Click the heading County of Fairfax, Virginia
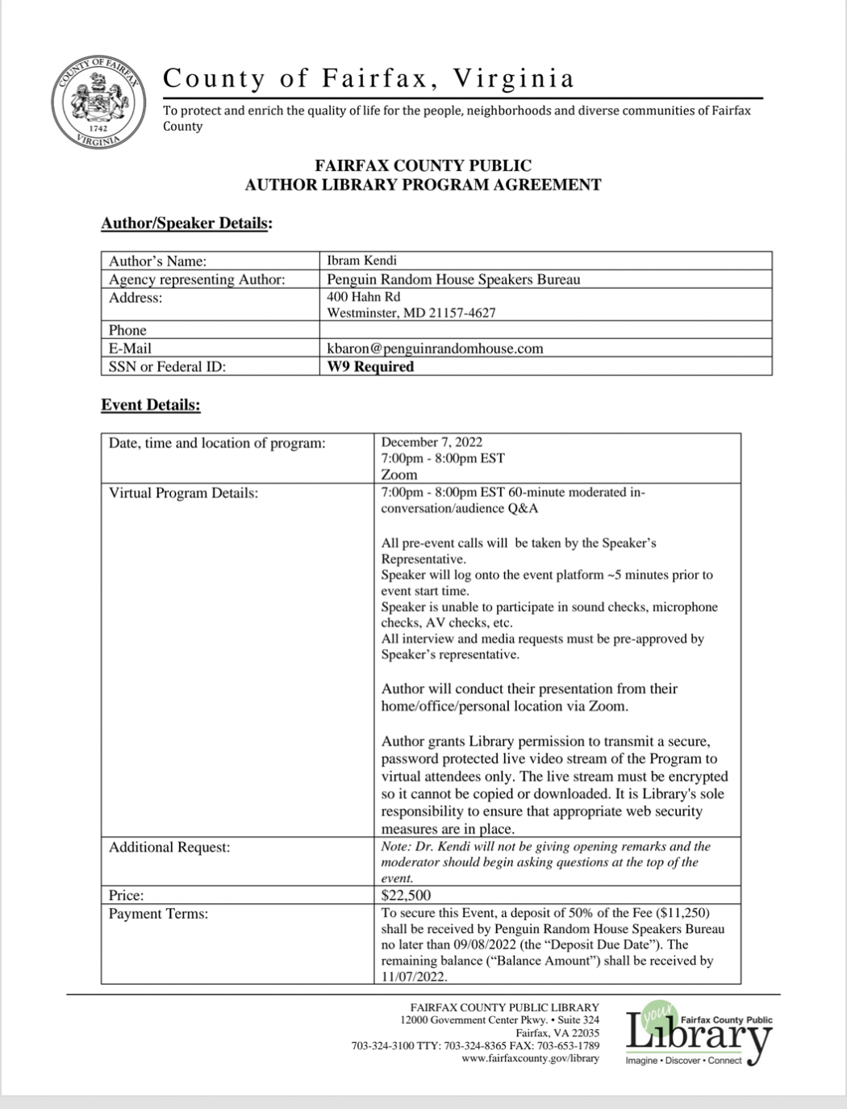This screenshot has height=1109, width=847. point(369,78)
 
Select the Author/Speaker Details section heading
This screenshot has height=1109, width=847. point(186,224)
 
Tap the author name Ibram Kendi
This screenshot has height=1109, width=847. point(362,261)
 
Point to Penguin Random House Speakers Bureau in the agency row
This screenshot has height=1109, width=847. point(453,279)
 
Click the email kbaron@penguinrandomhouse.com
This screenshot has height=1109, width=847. point(435,349)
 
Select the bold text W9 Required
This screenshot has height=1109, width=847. point(370,366)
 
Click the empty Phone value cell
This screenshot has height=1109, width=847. point(545,330)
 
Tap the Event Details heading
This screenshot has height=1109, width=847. point(151,405)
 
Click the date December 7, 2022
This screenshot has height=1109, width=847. point(432,442)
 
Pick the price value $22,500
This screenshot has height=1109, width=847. point(406,895)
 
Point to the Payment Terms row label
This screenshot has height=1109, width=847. point(159,914)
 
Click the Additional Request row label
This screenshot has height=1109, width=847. point(169,847)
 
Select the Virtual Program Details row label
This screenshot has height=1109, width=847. point(184,492)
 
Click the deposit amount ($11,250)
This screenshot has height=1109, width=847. point(682,913)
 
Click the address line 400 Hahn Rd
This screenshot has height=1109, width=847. point(364,297)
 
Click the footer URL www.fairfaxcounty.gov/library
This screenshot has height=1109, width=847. point(531,1058)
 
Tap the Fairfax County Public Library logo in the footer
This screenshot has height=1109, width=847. point(699,1034)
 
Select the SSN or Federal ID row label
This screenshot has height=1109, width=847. point(167,366)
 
